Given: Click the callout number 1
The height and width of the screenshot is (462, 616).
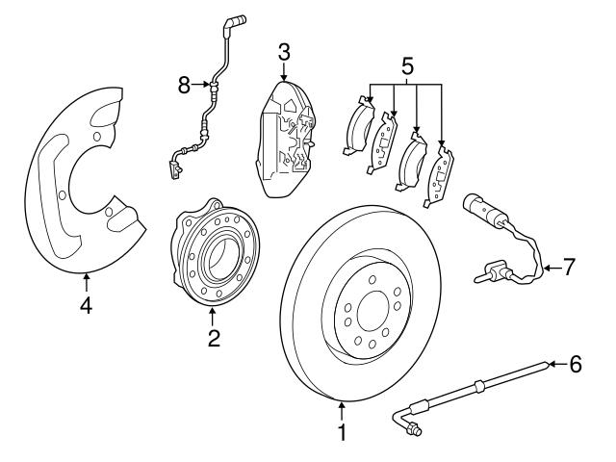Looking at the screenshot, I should [x=340, y=434].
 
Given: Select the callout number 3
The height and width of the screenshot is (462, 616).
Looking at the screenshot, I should [x=284, y=50].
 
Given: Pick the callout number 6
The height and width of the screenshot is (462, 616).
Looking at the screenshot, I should [x=576, y=364].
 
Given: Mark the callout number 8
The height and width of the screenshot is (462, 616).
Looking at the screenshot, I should [x=184, y=86].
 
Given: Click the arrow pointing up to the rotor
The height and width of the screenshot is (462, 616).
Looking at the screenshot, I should [x=340, y=411].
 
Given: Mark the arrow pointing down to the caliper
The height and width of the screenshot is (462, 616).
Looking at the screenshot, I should [x=284, y=73].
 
